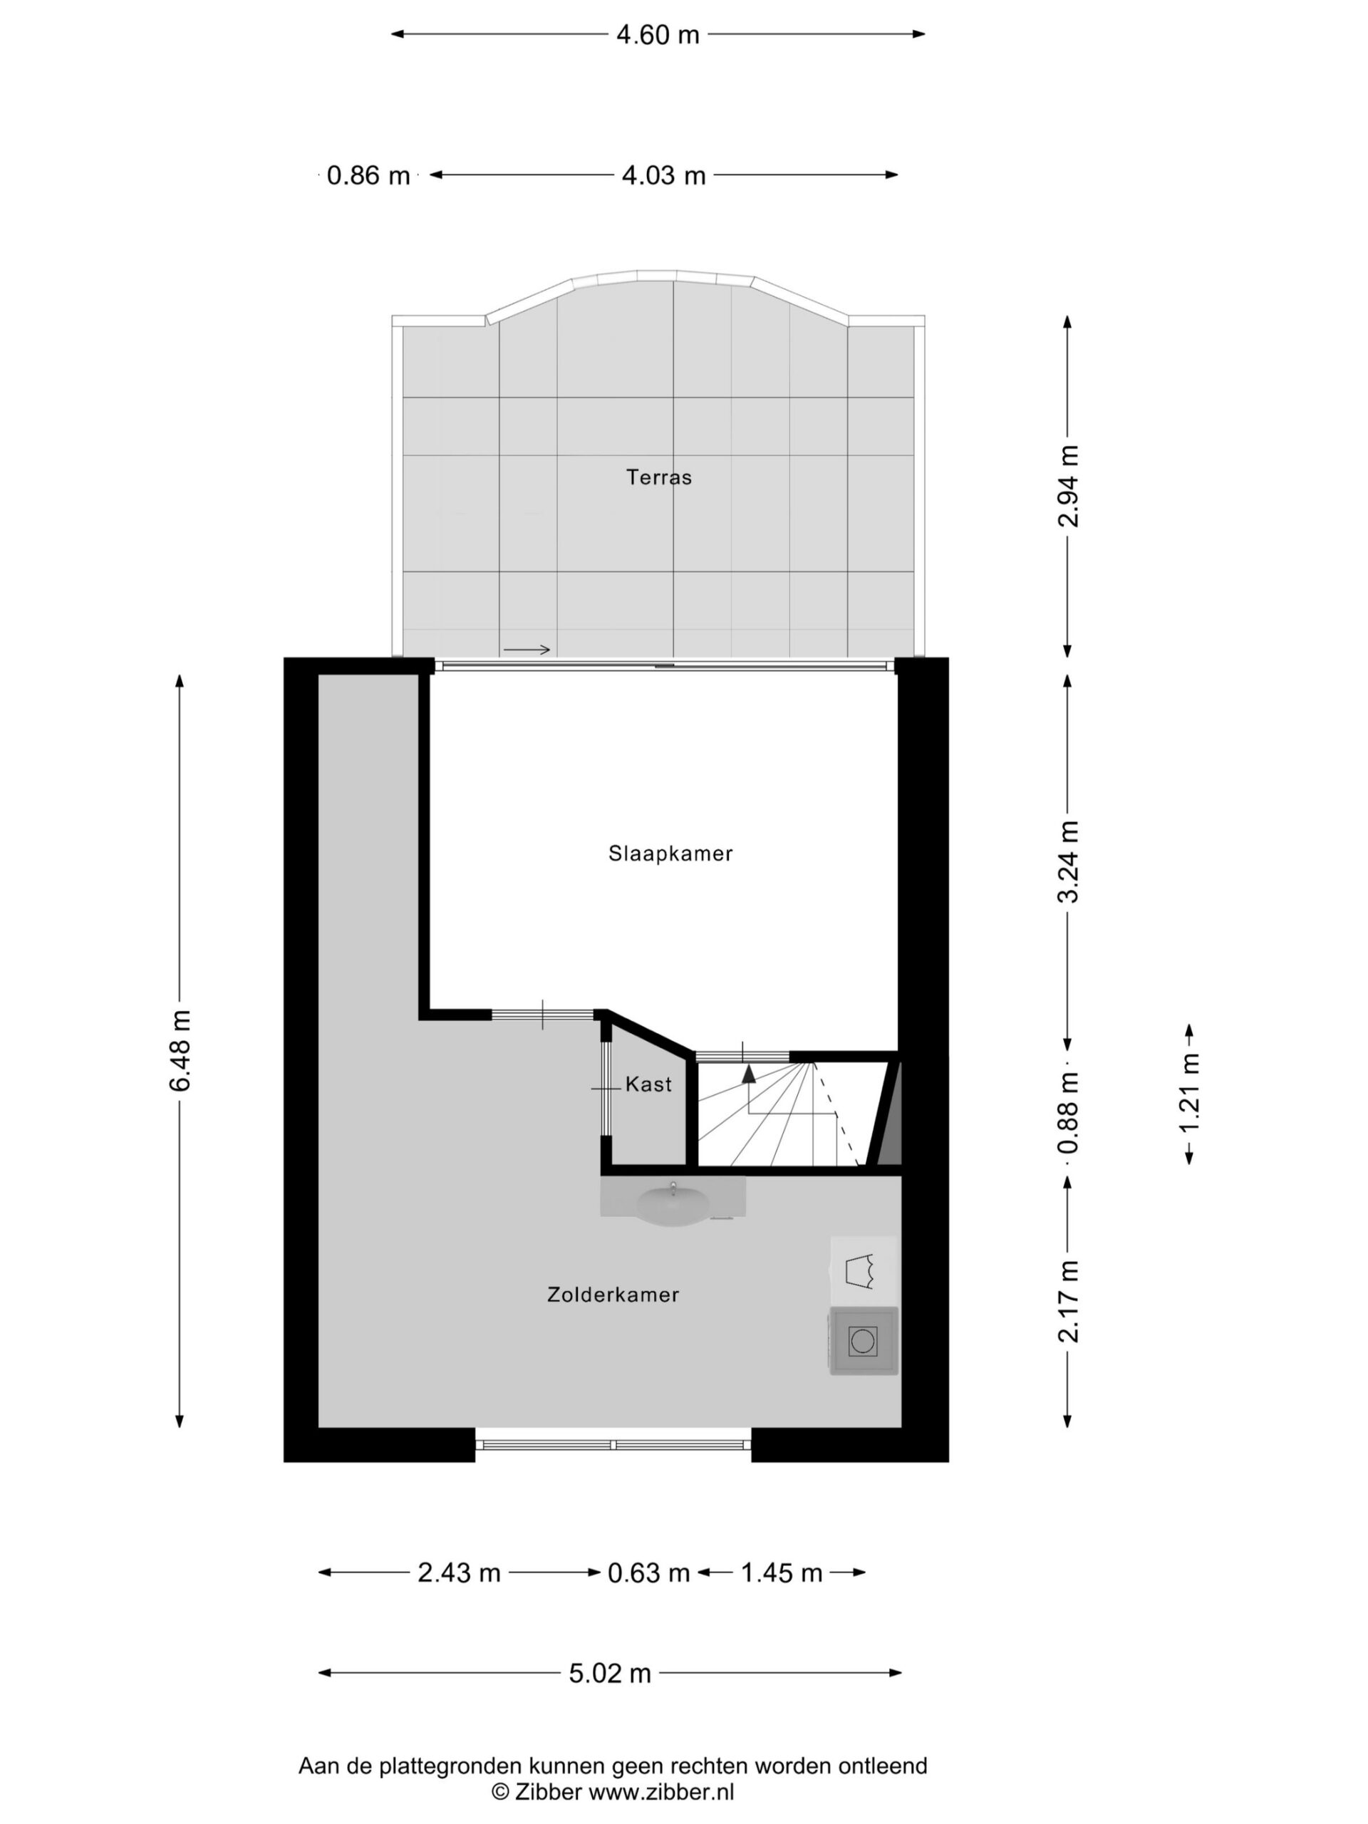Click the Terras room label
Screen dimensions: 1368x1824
pos(658,477)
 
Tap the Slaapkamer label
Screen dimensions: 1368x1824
pos(670,854)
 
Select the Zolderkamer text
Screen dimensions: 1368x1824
pos(613,1295)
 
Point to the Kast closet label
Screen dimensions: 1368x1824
pos(648,1084)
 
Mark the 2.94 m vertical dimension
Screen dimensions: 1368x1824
pos(1069,487)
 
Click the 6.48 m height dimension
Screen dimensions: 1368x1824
pos(180,1050)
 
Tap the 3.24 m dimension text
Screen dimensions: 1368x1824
pos(1069,861)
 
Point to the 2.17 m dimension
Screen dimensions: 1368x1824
pos(1069,1302)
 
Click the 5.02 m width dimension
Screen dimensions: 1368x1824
pos(610,1673)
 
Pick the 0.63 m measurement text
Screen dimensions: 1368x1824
pos(649,1573)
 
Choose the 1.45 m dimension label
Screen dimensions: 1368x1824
pos(782,1573)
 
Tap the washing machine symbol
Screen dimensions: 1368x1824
pos(863,1342)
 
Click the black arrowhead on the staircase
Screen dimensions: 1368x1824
pos(749,1073)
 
